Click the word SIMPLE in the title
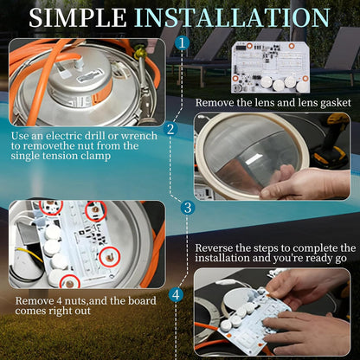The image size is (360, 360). pyautogui.click(x=78, y=18)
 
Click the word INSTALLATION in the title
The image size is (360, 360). pyautogui.click(x=232, y=18)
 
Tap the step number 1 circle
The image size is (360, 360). pyautogui.click(x=182, y=43)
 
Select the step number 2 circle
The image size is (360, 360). pyautogui.click(x=170, y=129)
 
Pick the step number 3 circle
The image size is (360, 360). pyautogui.click(x=188, y=208)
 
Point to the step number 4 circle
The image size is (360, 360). pyautogui.click(x=176, y=295)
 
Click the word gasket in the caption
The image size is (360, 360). pyautogui.click(x=336, y=103)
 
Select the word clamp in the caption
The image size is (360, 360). pyautogui.click(x=96, y=157)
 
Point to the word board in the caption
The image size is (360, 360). pyautogui.click(x=142, y=301)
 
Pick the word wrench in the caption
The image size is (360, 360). pyautogui.click(x=139, y=136)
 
